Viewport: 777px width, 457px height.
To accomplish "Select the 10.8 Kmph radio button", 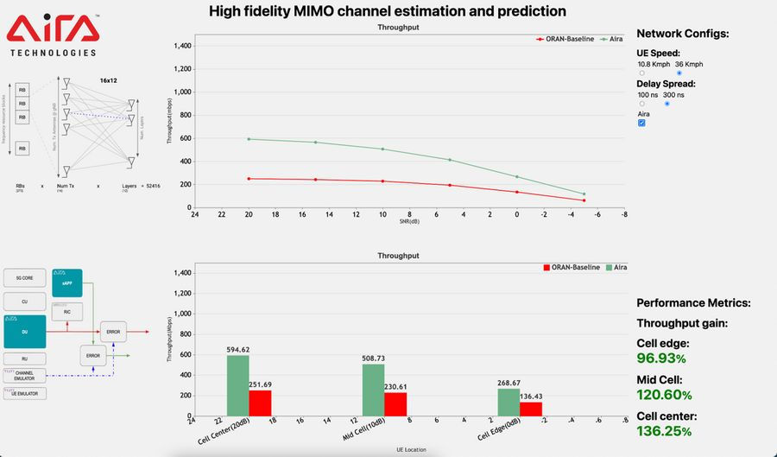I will (641, 73).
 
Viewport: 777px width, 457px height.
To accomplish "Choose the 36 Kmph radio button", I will (679, 73).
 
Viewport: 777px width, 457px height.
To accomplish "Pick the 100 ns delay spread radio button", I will (641, 104).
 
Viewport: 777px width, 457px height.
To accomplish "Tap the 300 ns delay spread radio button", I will (666, 104).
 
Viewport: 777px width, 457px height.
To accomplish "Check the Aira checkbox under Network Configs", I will (641, 123).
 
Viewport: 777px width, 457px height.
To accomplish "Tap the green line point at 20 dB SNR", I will (249, 139).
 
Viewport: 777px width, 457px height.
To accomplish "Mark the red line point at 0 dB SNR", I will (516, 193).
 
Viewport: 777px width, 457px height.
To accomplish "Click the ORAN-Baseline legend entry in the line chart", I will (565, 39).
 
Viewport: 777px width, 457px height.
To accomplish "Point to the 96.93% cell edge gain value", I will (661, 358).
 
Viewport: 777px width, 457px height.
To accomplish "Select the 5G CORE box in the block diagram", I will (25, 278).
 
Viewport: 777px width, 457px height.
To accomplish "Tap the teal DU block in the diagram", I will (24, 331).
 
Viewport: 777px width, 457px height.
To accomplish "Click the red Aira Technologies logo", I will (54, 32).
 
